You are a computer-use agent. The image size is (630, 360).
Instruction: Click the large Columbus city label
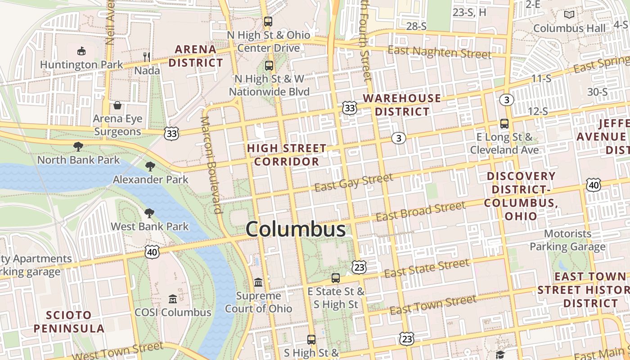click(x=296, y=229)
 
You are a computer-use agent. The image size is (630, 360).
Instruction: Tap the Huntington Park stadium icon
click(x=81, y=51)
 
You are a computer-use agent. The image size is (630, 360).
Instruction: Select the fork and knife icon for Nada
click(x=146, y=57)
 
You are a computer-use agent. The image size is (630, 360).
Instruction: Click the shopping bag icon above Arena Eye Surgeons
click(x=117, y=105)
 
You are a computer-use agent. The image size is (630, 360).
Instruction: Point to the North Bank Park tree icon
click(x=78, y=146)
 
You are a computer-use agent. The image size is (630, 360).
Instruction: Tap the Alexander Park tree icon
click(x=150, y=166)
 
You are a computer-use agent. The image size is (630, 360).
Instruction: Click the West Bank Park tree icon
click(x=149, y=213)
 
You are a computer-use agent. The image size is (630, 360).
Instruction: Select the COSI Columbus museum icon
click(x=172, y=299)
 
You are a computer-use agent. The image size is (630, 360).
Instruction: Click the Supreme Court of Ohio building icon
click(x=258, y=282)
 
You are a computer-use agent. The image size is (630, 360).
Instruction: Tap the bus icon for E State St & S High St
click(x=336, y=278)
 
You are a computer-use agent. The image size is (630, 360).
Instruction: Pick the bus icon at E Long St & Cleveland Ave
click(x=504, y=123)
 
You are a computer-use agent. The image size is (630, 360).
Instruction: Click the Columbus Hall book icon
click(x=569, y=15)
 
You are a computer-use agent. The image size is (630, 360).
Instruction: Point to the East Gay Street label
click(x=354, y=182)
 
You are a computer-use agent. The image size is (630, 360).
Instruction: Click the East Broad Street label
click(x=420, y=211)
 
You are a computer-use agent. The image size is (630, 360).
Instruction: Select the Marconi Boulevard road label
click(x=211, y=165)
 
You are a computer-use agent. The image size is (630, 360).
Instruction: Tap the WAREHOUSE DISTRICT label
click(x=402, y=104)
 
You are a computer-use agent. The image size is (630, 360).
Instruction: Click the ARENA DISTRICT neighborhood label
click(x=195, y=56)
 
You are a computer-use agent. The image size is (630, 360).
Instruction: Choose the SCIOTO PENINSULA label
click(x=69, y=321)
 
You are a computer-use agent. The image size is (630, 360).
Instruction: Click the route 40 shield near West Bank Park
click(x=152, y=252)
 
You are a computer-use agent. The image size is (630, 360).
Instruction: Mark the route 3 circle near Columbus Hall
click(x=507, y=100)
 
